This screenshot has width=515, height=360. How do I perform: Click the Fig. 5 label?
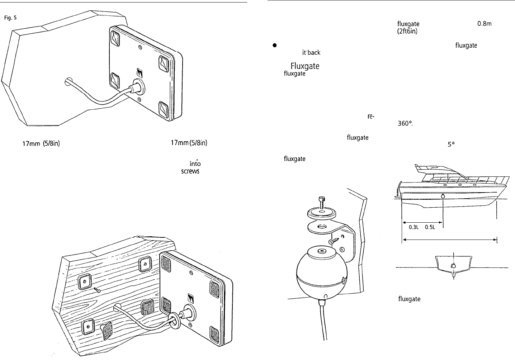pos(10,18)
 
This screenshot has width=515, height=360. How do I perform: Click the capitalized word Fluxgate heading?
pos(305,66)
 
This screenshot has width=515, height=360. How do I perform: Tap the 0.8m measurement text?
pos(485,24)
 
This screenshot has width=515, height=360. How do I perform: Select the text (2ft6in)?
pos(407,31)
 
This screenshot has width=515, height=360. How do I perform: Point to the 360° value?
pos(405,123)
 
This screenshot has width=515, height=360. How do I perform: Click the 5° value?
pos(451,145)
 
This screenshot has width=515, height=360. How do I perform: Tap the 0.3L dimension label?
pos(414,227)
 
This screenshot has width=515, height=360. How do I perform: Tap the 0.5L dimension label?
pos(430,227)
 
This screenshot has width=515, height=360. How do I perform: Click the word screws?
pos(190,171)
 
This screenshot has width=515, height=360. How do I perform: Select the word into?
pos(195,164)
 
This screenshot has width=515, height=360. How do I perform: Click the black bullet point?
pos(274,45)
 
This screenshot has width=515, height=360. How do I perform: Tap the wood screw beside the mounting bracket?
pos(334,241)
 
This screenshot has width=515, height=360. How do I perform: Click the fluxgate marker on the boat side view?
pos(443,196)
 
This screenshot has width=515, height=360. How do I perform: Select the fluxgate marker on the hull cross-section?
pos(453,266)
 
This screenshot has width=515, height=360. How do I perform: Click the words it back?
pos(311,53)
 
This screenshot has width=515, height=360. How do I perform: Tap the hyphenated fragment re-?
pos(371,117)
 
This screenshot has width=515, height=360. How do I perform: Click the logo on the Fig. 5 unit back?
pos(140,72)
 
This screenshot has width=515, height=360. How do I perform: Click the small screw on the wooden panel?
pos(97,290)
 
